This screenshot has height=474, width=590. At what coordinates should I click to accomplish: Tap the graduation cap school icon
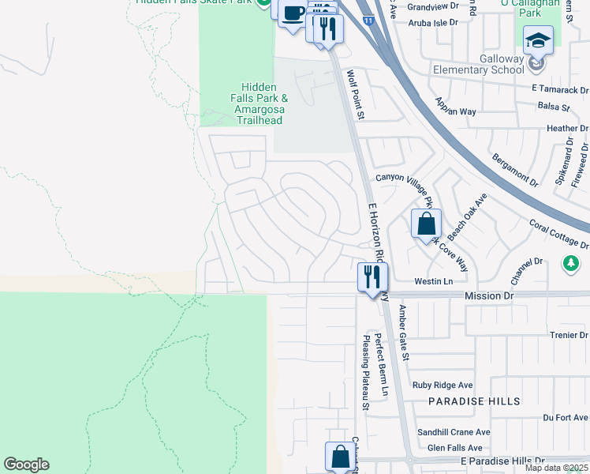coord(539,40)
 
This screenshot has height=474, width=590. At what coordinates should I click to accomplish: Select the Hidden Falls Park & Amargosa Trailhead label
coord(259,103)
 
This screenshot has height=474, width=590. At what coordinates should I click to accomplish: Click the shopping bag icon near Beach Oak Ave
coord(426,224)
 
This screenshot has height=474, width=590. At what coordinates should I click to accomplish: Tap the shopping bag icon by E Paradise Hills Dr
coord(340,456)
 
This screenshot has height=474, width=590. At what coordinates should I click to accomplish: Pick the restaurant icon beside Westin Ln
coord(372,277)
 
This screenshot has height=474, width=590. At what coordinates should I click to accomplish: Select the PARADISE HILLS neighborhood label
coord(474,401)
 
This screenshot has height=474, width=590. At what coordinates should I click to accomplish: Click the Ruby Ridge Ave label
coord(442,386)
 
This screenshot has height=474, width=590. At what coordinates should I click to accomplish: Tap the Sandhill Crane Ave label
coord(454,432)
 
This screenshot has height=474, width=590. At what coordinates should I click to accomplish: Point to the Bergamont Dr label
coord(511,170)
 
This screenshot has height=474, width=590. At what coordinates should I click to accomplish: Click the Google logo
coord(26,465)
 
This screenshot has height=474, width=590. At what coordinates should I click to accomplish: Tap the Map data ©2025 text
coord(555,468)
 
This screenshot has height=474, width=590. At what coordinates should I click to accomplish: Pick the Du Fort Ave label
coord(566,416)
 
